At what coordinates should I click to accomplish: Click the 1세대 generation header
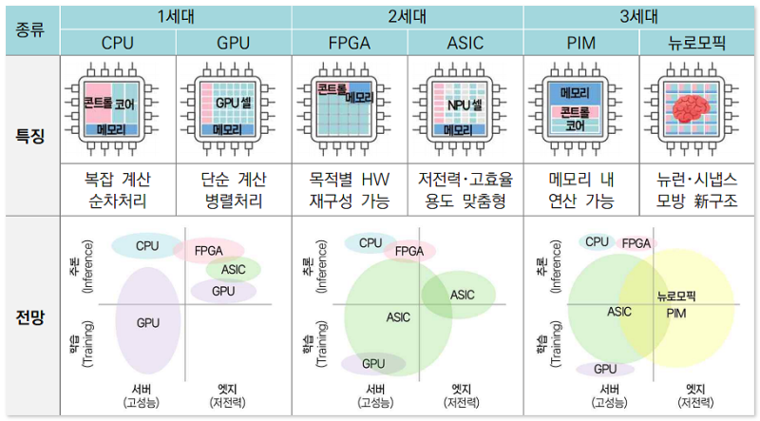pyautogui.click(x=176, y=16)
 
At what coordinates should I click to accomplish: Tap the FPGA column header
pyautogui.click(x=350, y=43)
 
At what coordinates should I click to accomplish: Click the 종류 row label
pyautogui.click(x=29, y=29)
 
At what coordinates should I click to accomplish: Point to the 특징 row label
pyautogui.click(x=29, y=136)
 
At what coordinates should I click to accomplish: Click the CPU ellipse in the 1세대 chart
pyautogui.click(x=146, y=245)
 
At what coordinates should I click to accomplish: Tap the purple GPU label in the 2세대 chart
pyautogui.click(x=373, y=363)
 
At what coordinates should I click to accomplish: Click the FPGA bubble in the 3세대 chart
pyautogui.click(x=636, y=243)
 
